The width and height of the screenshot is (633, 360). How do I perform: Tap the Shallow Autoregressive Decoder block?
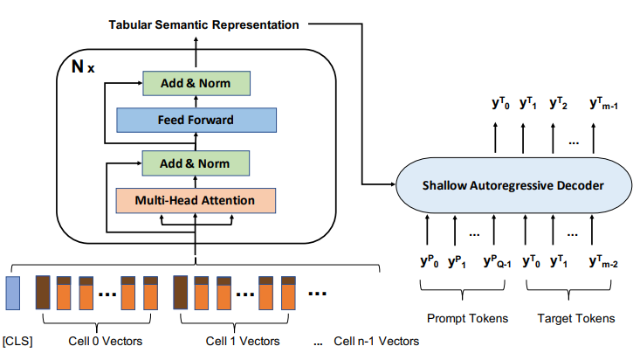513,183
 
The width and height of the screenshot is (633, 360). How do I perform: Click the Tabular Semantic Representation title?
203,24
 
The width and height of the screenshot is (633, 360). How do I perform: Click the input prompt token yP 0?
427,260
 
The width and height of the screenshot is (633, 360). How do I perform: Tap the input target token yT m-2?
604,260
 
